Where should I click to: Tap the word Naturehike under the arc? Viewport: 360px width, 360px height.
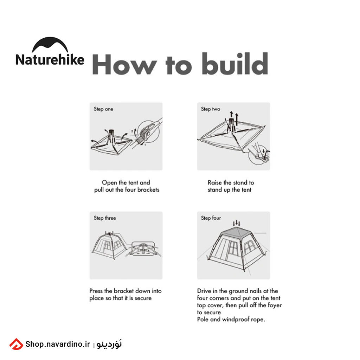click(x=50, y=60)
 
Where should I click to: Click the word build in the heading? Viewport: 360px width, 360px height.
click(x=235, y=64)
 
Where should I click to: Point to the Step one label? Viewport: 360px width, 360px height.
click(x=103, y=109)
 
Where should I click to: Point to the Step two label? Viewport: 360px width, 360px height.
click(x=211, y=109)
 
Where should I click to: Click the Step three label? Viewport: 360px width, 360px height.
click(x=105, y=218)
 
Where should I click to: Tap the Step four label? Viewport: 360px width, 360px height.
click(x=211, y=218)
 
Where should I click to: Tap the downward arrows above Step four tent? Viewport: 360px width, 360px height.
click(x=237, y=223)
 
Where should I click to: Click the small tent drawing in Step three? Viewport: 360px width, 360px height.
click(x=109, y=245)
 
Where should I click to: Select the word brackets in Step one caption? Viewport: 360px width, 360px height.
click(x=148, y=190)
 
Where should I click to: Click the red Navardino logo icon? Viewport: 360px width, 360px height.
click(x=16, y=344)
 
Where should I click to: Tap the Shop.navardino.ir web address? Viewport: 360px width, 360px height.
click(x=58, y=344)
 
